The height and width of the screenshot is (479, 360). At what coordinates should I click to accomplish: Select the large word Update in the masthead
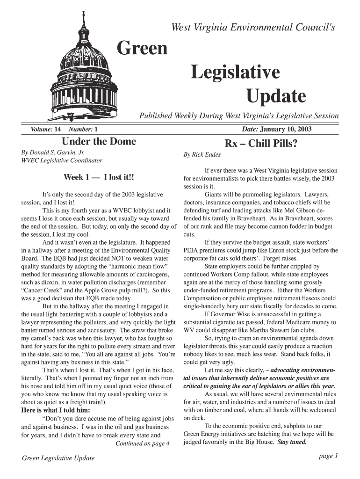coord(276,97)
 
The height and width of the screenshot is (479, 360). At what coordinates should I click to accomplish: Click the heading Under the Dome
coord(99,141)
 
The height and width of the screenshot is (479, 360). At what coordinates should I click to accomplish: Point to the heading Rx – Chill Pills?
coord(261,143)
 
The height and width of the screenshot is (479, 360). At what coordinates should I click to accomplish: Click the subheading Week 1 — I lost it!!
coord(99,177)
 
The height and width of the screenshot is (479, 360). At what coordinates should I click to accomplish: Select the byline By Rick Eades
coord(202,154)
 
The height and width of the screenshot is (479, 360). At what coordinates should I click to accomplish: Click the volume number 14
coord(58,129)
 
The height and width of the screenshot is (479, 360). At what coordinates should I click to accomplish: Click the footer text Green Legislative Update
coord(58,458)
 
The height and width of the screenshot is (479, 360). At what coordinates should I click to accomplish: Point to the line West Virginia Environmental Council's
coord(253,28)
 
